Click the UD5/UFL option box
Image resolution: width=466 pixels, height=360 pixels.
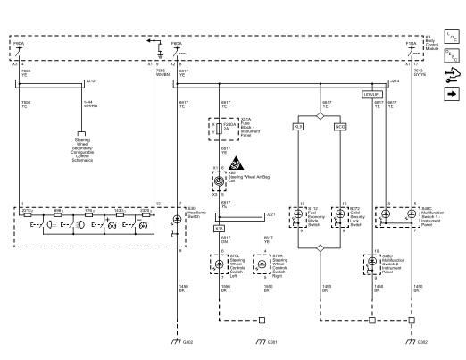[x=372, y=94]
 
